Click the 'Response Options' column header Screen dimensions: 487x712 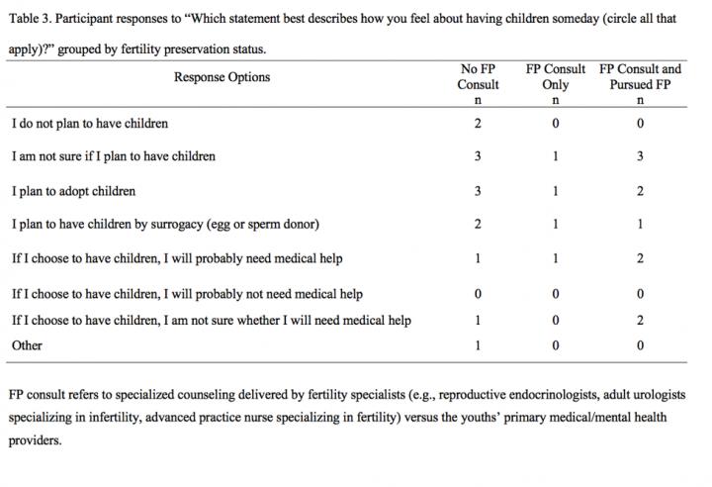point(222,77)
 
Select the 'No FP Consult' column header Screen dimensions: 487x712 point(480,77)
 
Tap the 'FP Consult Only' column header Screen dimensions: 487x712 point(555,77)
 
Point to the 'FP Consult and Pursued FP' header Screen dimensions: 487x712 point(640,77)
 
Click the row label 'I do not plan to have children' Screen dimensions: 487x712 point(90,124)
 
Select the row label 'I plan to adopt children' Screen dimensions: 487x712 point(74,190)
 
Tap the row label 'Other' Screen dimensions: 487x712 point(27,345)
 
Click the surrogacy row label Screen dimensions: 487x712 point(165,224)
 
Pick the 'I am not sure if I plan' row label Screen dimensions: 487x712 point(114,156)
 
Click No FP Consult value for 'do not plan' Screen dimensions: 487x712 point(479,124)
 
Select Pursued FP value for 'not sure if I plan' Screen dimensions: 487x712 point(640,156)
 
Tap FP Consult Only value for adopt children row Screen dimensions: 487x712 point(555,190)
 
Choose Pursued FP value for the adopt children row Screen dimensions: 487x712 point(640,190)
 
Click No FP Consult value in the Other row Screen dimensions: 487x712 point(479,345)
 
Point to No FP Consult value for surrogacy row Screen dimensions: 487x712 point(479,224)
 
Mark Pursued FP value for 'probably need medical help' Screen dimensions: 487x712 point(640,258)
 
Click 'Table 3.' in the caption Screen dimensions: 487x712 point(29,17)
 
